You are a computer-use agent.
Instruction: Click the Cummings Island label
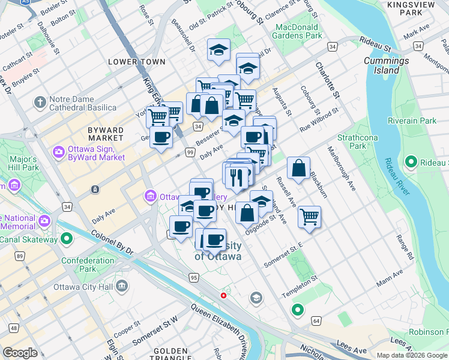387,65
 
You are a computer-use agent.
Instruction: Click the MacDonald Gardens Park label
299,31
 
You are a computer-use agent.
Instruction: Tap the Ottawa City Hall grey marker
122,286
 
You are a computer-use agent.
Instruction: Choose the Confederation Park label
88,265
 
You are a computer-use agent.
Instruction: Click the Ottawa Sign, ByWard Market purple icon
59,151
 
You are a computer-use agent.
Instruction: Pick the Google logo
20,353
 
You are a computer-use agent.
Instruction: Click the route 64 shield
316,322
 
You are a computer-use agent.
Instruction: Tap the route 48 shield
13,328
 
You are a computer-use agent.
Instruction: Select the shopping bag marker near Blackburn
298,169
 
